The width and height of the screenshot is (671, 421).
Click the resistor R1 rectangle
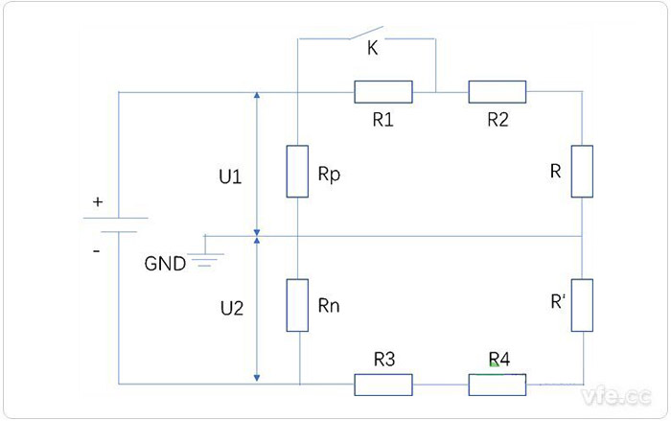[x=383, y=92]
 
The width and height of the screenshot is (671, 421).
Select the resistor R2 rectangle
[x=497, y=92]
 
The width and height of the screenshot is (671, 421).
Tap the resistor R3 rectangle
[x=383, y=386]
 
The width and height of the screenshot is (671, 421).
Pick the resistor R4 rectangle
[x=497, y=386]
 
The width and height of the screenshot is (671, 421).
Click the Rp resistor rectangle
[x=299, y=172]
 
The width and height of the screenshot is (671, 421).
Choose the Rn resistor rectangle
[x=299, y=305]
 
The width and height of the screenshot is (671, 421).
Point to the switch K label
[x=373, y=49]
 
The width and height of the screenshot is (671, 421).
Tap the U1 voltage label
[x=231, y=177]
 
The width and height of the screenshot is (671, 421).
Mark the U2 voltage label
[x=231, y=309]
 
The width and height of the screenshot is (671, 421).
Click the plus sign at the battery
[x=97, y=202]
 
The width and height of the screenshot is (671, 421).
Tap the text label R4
[x=498, y=361]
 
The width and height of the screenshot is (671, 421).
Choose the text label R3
[x=383, y=361]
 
